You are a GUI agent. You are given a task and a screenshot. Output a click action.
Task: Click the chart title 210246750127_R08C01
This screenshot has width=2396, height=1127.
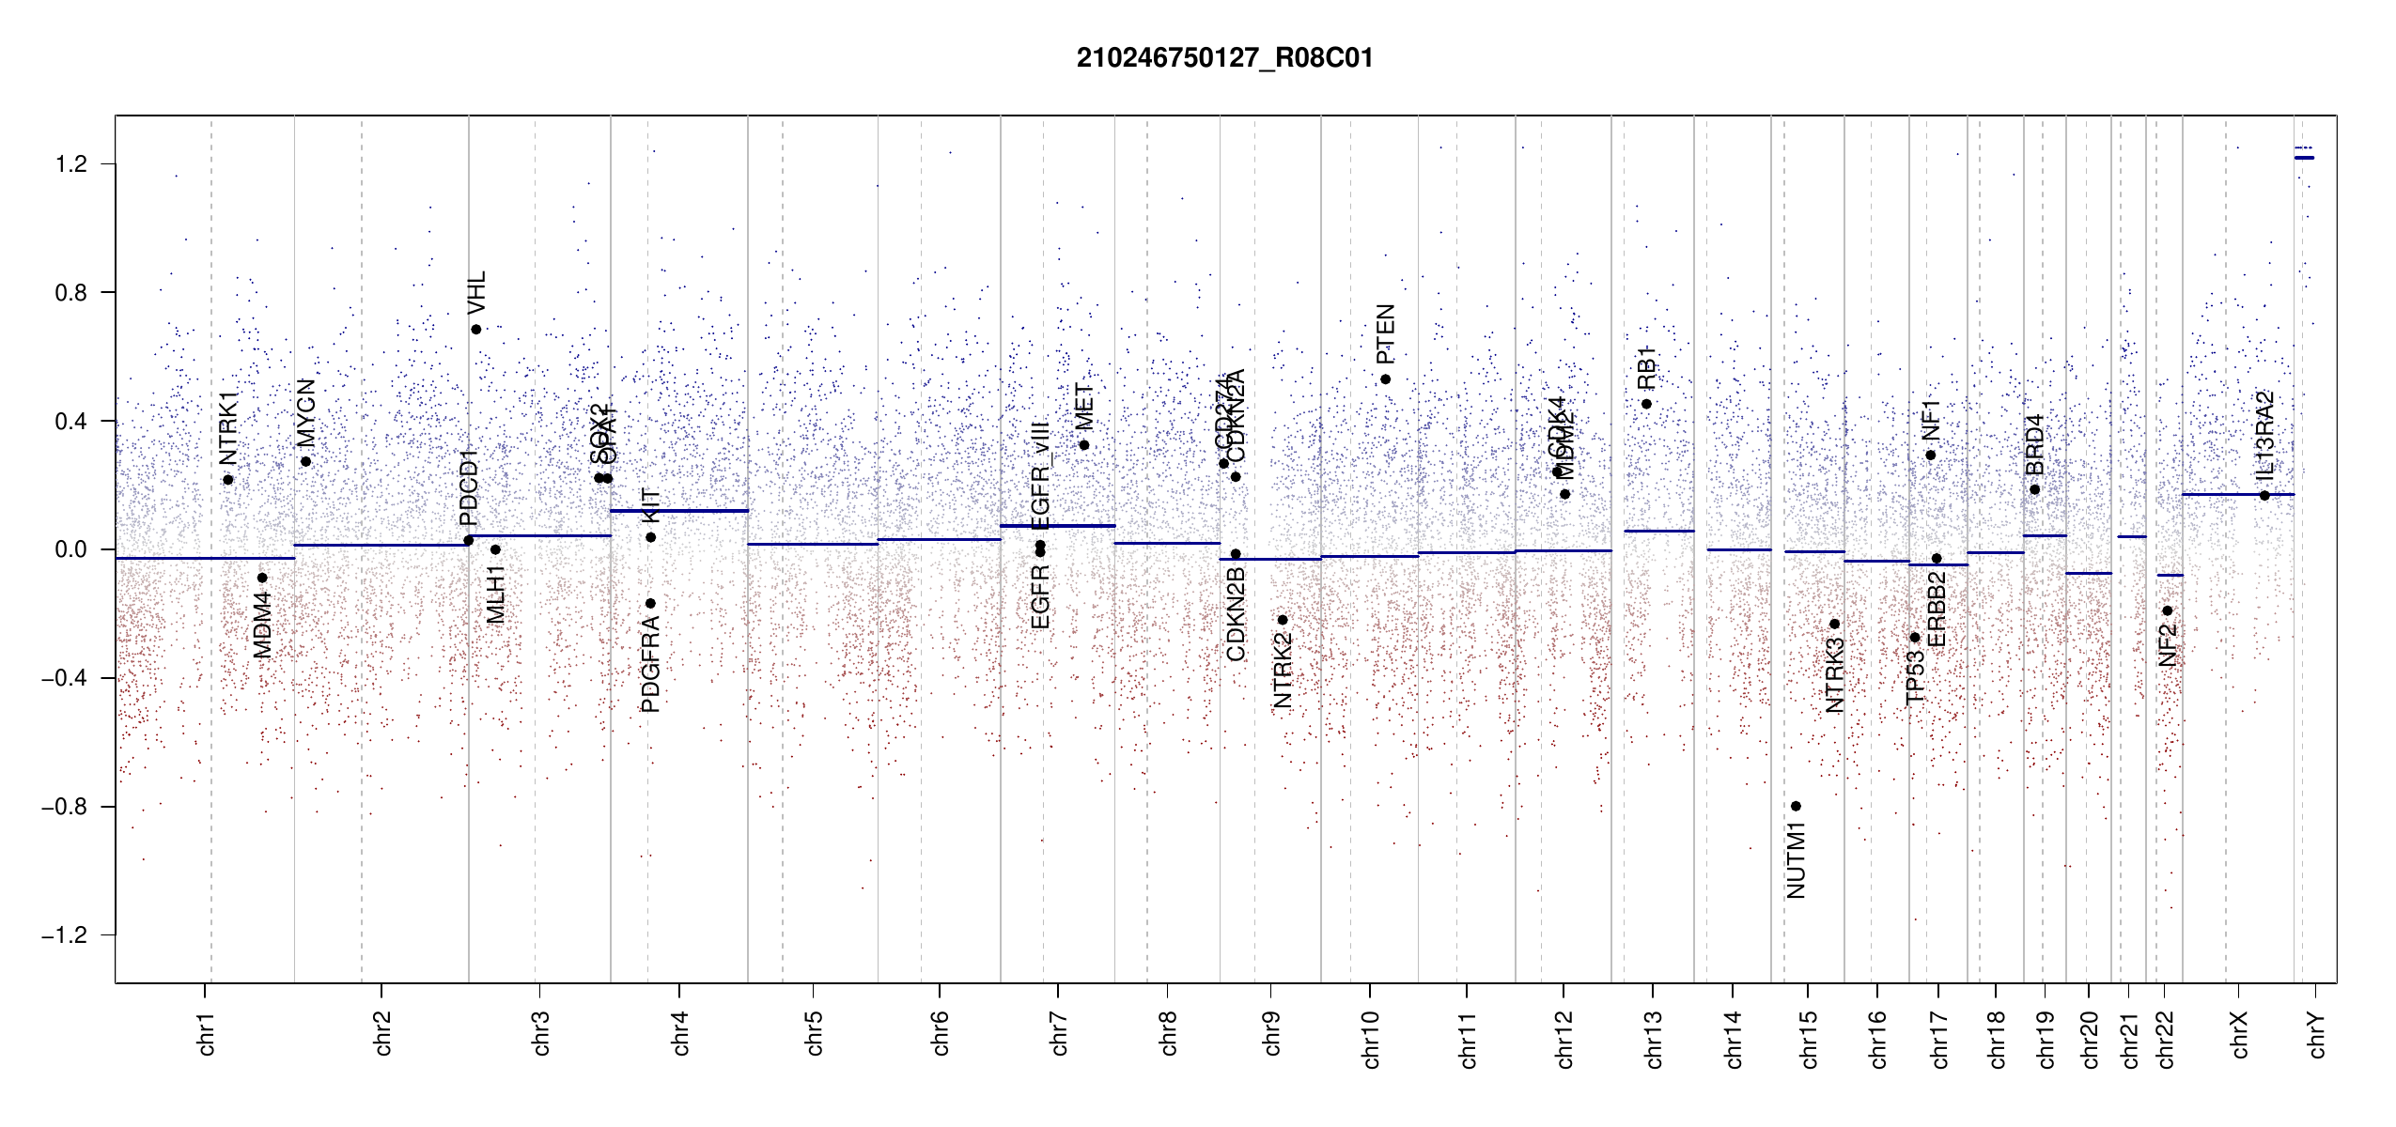(1224, 58)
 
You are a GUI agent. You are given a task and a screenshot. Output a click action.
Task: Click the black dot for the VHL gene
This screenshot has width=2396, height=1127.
(476, 330)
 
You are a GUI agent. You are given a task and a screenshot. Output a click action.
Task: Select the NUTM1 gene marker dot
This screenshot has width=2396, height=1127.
(1796, 806)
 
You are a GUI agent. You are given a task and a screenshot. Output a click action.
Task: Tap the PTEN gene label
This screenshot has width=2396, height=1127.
(1385, 334)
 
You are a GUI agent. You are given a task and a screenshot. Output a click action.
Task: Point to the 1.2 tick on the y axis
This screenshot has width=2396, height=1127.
(71, 164)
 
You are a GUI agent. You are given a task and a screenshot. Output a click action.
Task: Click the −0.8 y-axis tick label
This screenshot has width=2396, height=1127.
(65, 807)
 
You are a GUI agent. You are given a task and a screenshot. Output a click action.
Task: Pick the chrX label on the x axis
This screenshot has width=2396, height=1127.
(2239, 1034)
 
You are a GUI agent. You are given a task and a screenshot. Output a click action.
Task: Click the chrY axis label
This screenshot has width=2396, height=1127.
(2317, 1034)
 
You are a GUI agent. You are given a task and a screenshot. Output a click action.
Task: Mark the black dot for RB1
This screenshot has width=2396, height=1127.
(1646, 404)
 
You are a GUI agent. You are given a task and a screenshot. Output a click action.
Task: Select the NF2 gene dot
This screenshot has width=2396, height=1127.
(2168, 610)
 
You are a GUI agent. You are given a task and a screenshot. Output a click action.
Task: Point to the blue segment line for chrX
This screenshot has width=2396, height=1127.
(2237, 494)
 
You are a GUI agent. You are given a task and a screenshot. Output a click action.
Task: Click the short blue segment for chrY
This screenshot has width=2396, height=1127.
(2304, 158)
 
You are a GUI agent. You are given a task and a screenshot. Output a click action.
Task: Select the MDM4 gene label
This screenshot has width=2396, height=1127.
(262, 625)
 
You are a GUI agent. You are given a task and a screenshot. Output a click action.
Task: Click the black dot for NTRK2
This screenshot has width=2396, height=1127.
(1283, 620)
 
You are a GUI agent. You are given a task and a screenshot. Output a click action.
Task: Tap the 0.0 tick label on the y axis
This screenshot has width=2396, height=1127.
(71, 549)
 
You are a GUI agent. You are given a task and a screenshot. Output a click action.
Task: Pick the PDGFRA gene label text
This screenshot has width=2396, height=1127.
(650, 663)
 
